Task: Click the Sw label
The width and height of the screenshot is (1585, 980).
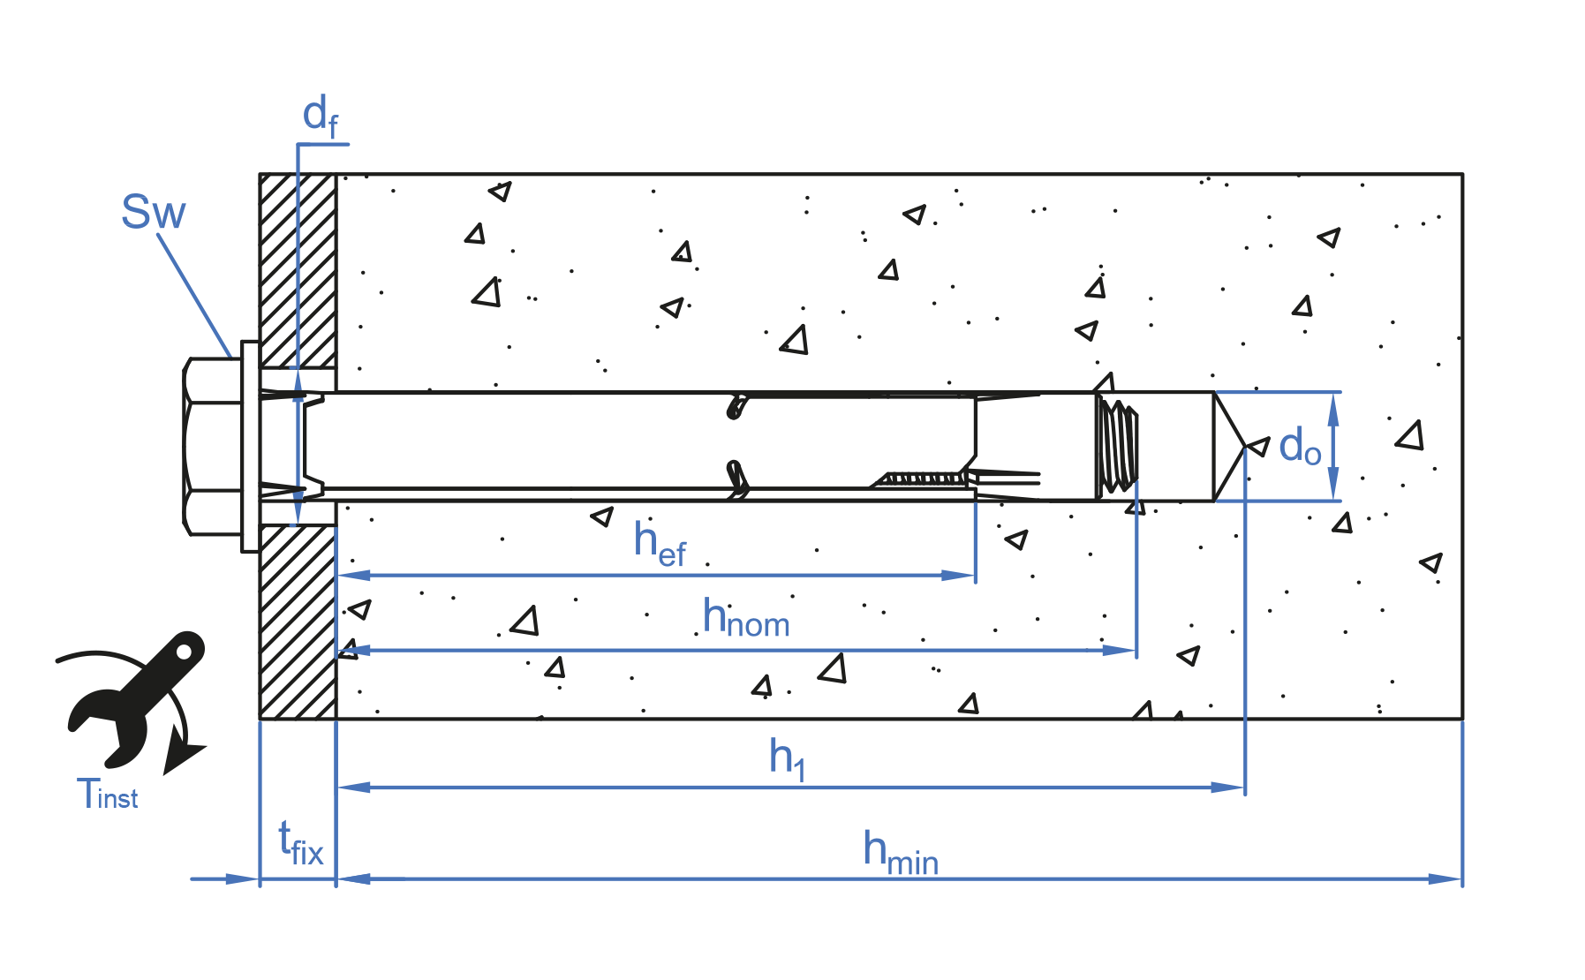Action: point(154,213)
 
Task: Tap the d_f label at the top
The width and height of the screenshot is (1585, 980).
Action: point(320,117)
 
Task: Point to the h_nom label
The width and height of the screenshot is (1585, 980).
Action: point(745,618)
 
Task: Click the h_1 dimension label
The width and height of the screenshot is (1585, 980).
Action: point(787,758)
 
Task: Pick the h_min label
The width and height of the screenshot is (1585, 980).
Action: point(900,852)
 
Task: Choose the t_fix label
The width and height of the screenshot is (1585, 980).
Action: point(300,843)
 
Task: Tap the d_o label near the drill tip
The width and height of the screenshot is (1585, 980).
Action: point(1299,447)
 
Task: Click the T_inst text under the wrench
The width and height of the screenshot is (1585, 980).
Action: point(107,794)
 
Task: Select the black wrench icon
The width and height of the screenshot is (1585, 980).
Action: point(137,697)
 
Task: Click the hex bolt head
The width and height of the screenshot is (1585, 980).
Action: point(211,446)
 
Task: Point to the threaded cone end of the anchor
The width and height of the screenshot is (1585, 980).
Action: point(1118,446)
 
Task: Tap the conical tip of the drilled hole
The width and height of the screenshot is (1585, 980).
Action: point(1228,447)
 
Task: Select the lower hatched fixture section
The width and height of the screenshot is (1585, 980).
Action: point(298,622)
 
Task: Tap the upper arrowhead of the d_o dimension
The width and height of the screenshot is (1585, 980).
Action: point(1333,407)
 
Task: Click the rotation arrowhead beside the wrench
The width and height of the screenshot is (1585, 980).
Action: point(183,755)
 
